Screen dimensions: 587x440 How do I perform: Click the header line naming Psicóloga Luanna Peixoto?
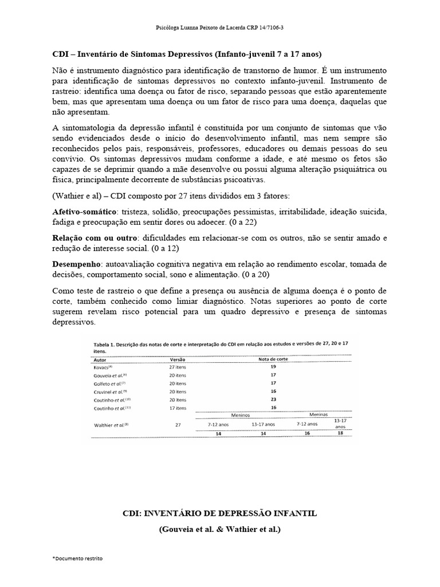[x=219, y=27]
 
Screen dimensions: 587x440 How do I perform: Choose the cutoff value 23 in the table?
[x=273, y=399]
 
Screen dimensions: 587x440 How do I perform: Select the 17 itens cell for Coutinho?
[x=178, y=408]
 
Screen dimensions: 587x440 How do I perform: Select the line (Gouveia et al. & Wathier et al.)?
[x=220, y=530]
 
